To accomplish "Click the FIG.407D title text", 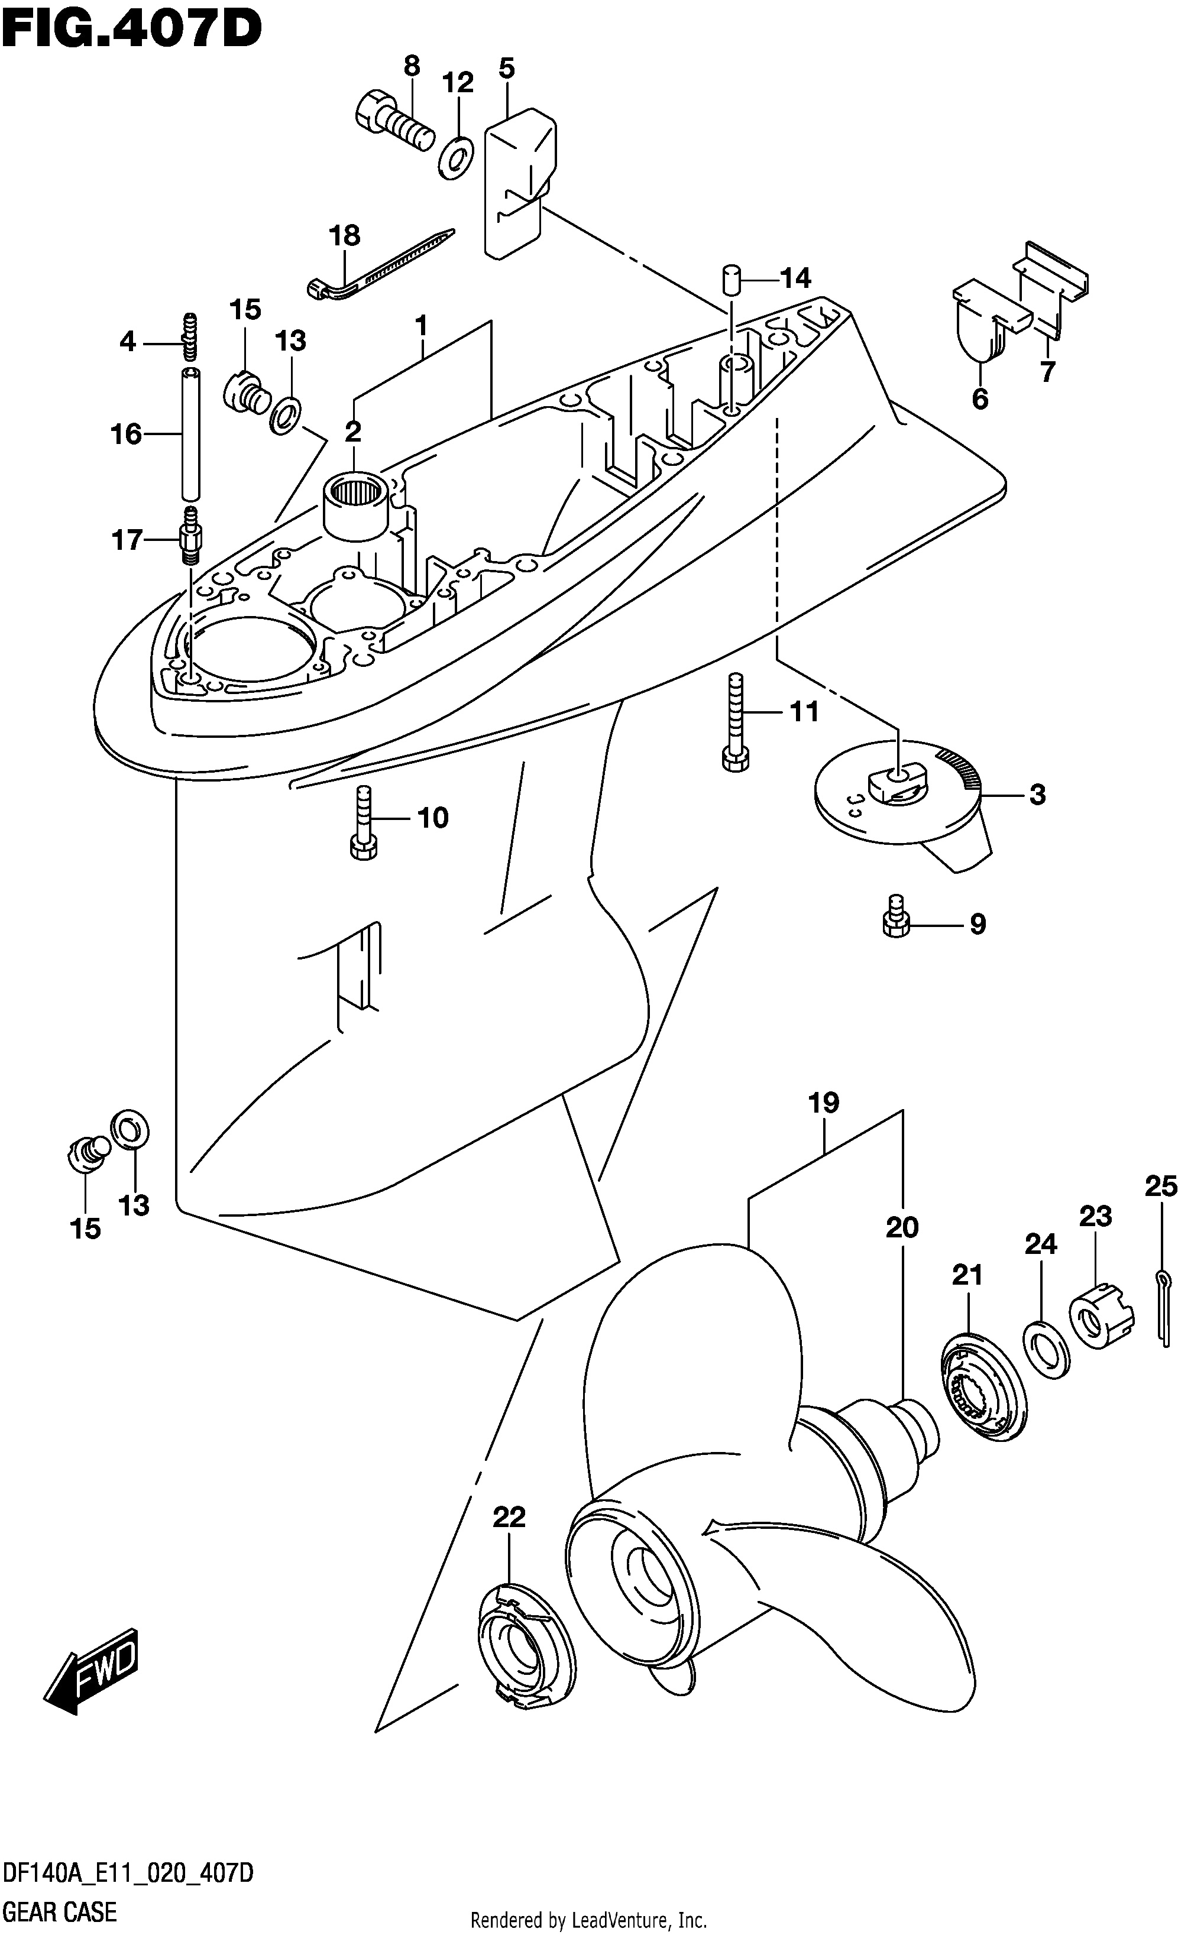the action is [132, 30].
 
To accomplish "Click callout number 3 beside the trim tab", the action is [1037, 795].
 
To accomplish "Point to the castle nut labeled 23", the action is [1101, 1315].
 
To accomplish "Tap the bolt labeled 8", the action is [394, 122].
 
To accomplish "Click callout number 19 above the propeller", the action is [824, 1103].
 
